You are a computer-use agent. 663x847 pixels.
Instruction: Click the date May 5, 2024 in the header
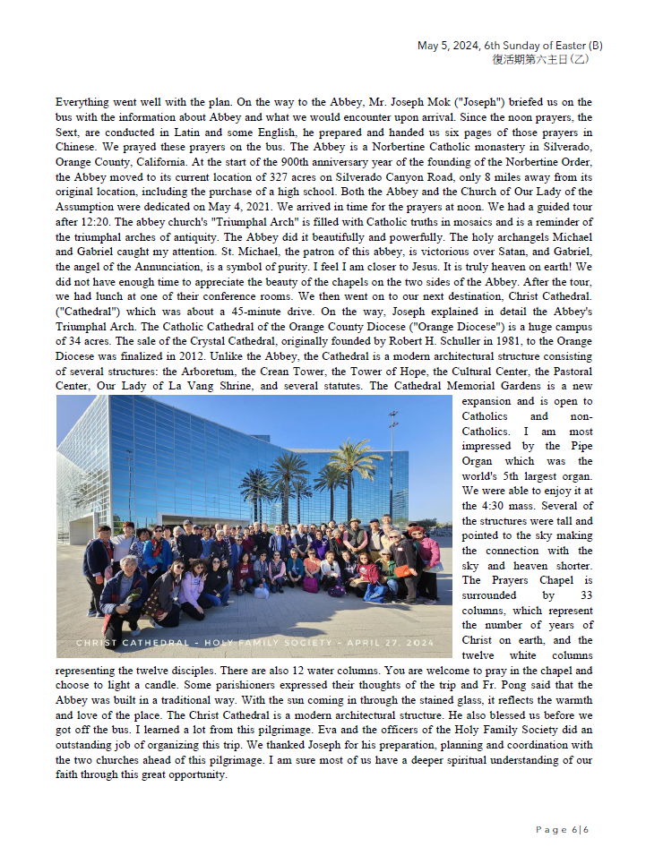pos(448,46)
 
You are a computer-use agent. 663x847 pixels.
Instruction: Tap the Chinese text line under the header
pos(540,59)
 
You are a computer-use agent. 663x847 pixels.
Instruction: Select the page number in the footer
pos(563,830)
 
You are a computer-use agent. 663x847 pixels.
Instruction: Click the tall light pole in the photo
pos(392,466)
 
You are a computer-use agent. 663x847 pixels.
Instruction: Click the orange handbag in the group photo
pos(403,571)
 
